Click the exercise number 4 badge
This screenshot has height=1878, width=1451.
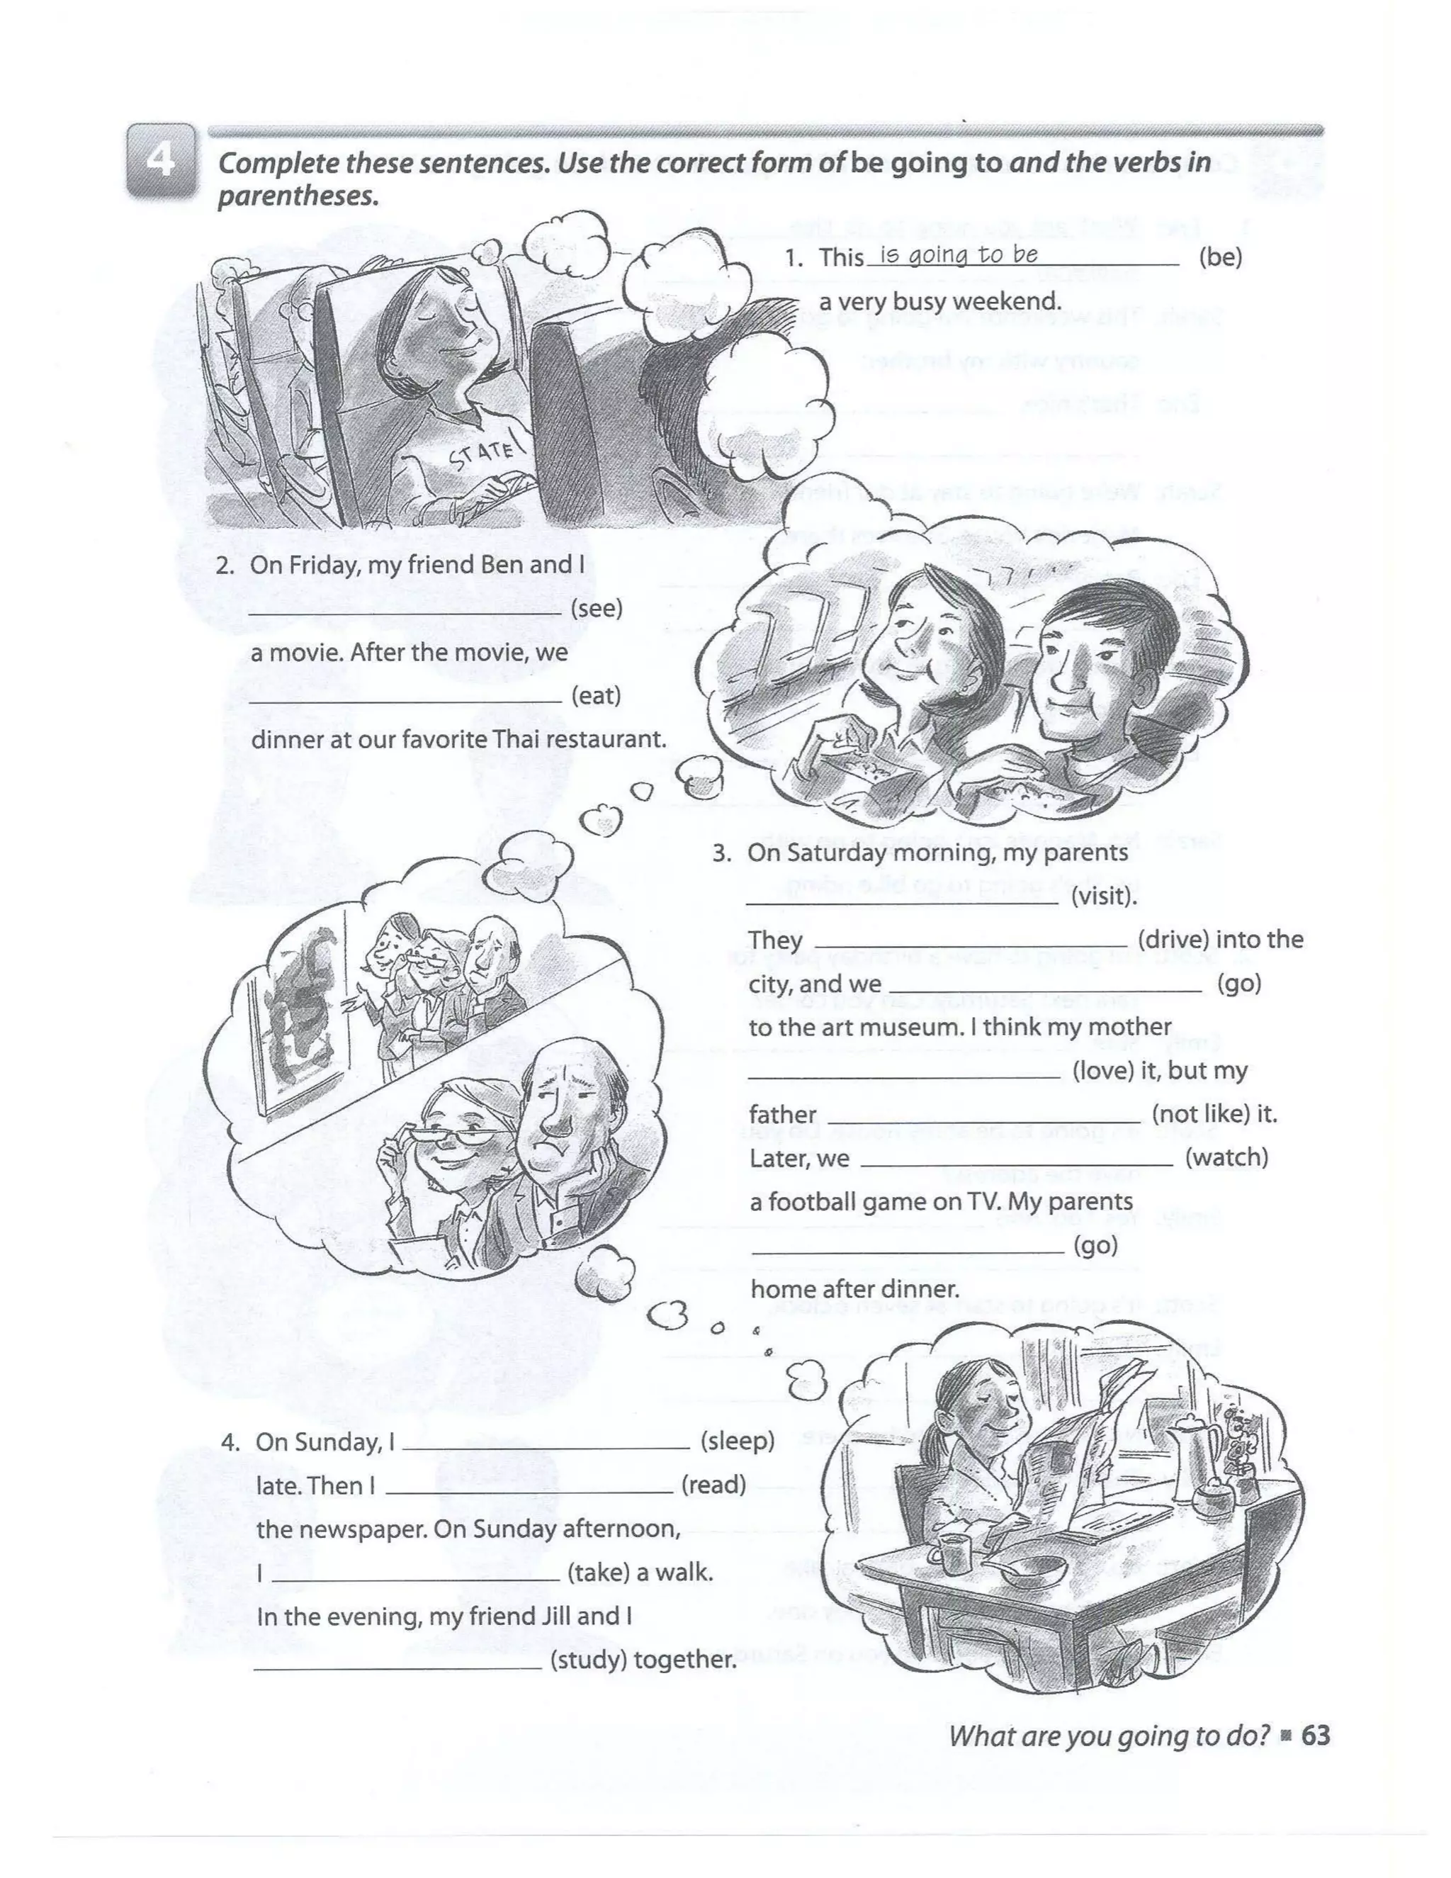160,161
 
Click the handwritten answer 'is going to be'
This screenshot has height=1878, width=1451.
959,254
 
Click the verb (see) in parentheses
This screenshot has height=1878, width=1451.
597,608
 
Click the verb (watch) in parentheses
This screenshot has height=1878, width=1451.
1226,1157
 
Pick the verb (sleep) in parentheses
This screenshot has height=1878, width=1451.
738,1440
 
